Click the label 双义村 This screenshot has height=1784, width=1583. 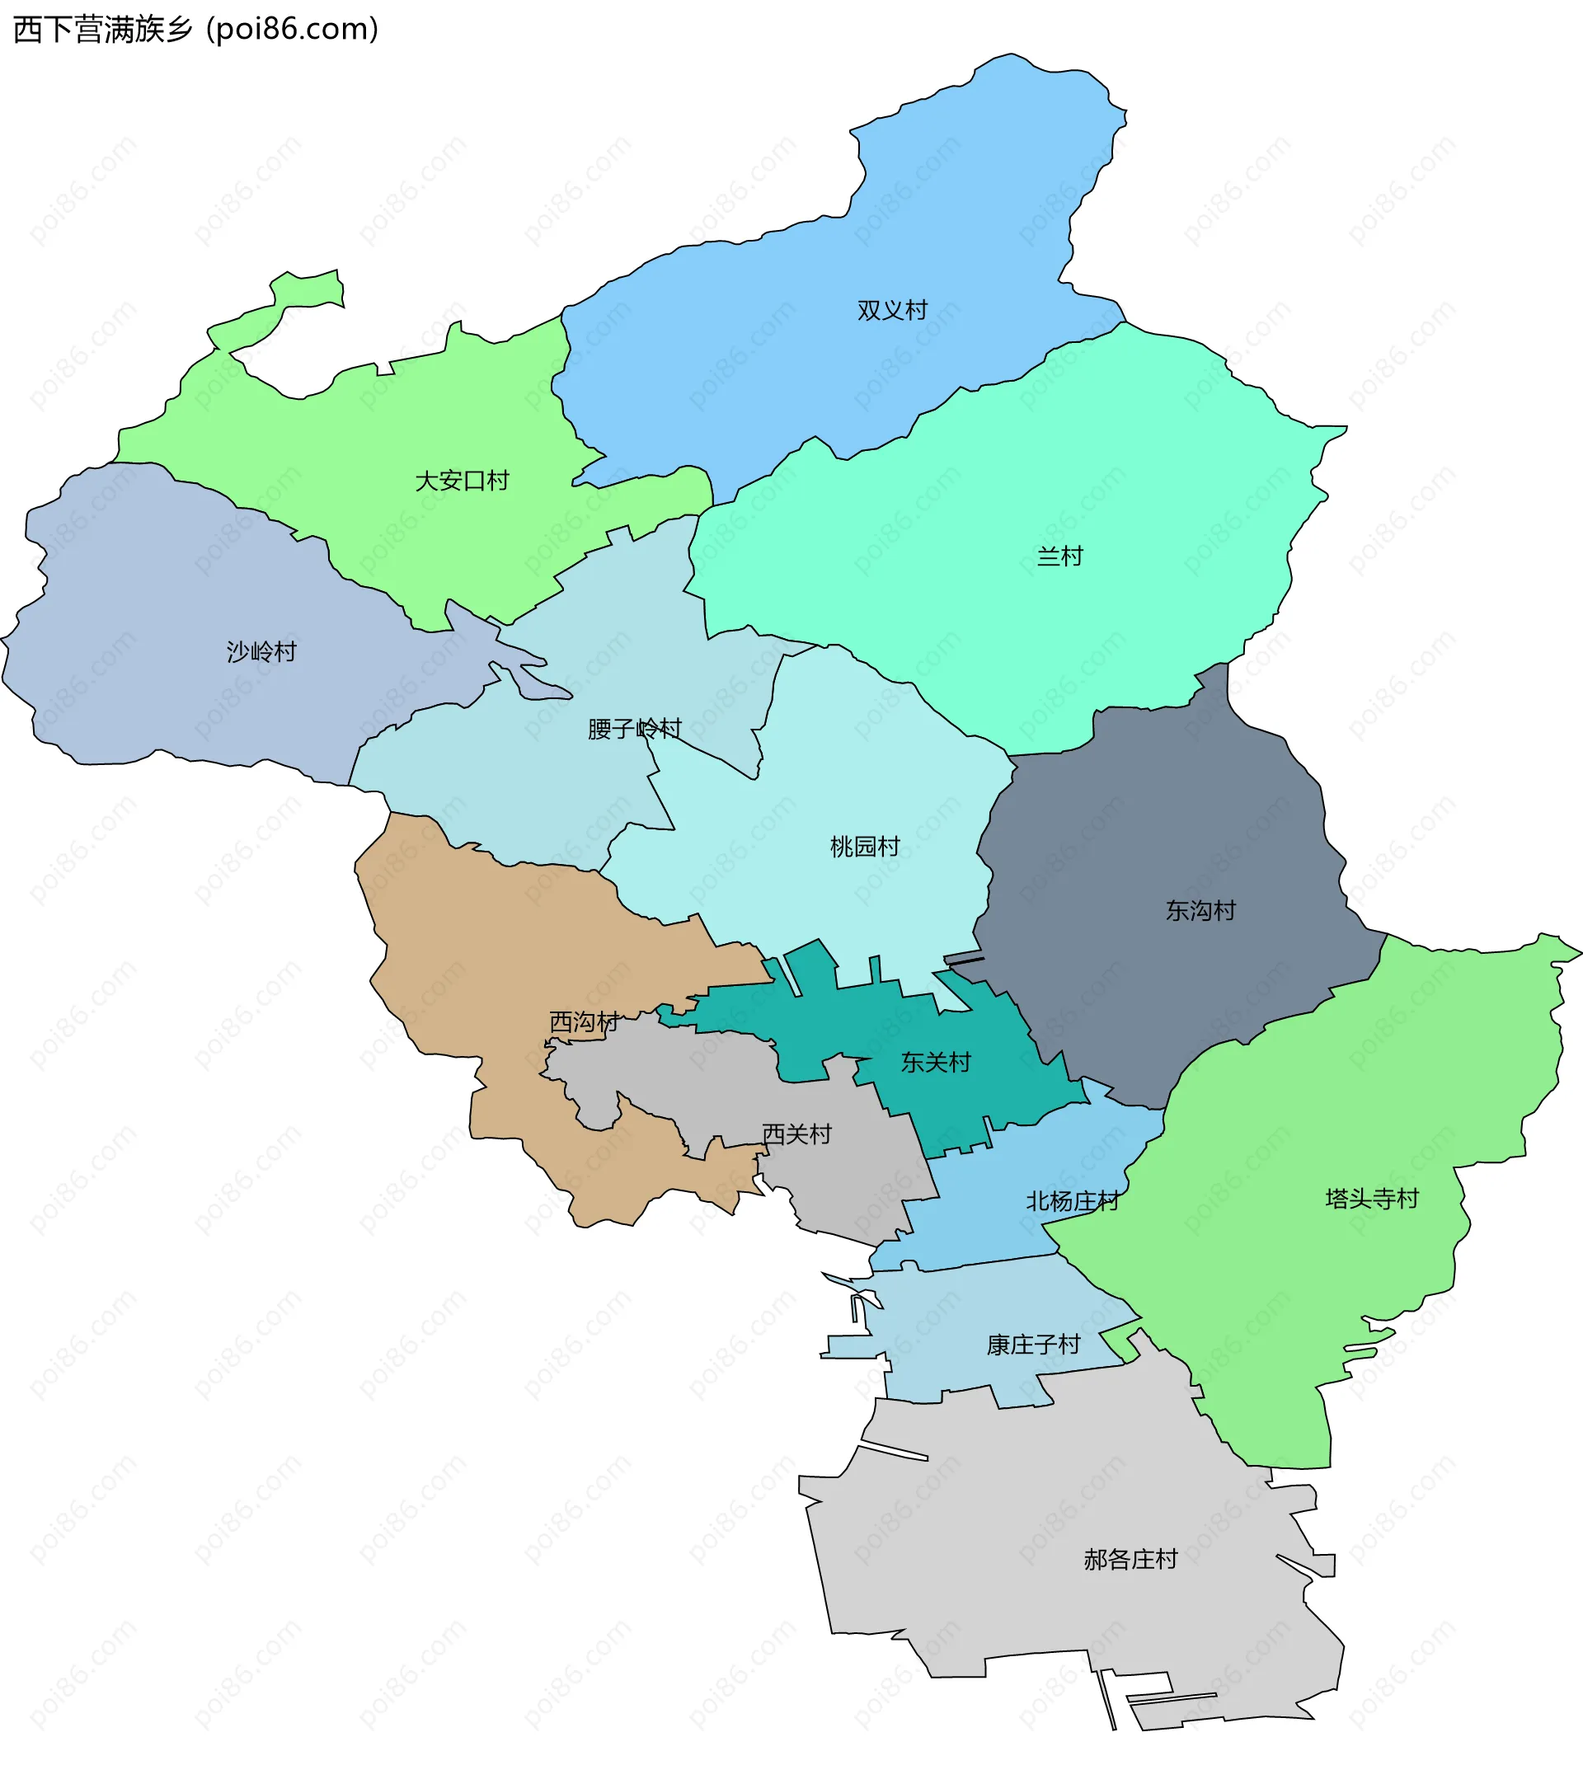(892, 311)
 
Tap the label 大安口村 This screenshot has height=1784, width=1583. (462, 481)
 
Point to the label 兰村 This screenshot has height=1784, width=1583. (1059, 556)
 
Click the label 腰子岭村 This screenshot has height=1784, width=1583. (634, 729)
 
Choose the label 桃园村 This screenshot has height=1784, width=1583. (865, 847)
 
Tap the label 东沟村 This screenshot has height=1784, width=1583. (1200, 911)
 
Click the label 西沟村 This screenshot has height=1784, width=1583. (584, 1022)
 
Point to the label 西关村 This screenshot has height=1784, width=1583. (796, 1134)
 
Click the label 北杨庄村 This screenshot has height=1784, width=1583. (1073, 1202)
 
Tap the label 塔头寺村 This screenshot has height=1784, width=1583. (1372, 1200)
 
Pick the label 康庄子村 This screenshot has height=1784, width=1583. (1033, 1345)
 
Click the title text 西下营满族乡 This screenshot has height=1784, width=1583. (103, 30)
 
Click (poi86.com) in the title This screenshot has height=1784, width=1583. (294, 30)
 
